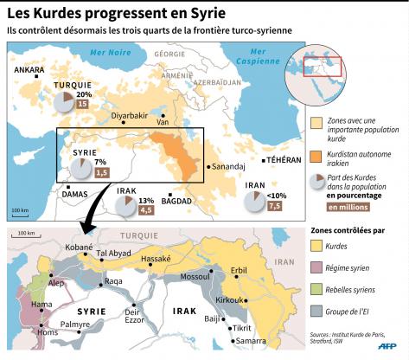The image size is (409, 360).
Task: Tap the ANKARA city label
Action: click(x=29, y=69)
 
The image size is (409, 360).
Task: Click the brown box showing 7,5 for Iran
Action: click(x=274, y=206)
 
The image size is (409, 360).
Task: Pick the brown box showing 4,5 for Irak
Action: click(x=146, y=209)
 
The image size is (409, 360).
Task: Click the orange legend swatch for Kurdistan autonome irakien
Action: click(x=316, y=156)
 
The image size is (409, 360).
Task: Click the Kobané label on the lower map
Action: click(x=79, y=247)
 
